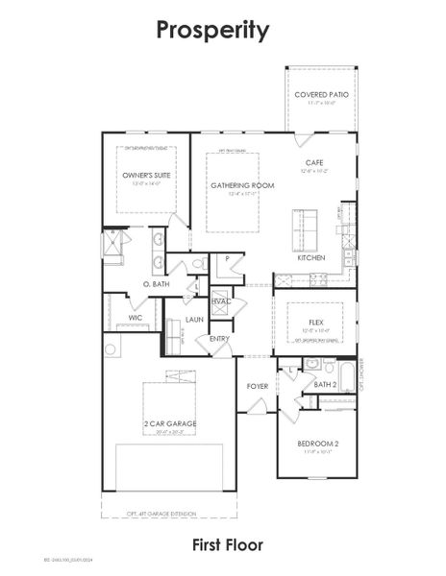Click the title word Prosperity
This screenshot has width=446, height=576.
coord(213,31)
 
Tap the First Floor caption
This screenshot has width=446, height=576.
coord(227,545)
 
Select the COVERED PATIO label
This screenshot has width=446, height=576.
coord(321,95)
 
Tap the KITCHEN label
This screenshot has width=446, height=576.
coord(310,258)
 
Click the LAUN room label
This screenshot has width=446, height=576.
coord(194,319)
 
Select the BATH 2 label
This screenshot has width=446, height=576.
coord(325,384)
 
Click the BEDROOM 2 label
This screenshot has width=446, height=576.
coord(317,443)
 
